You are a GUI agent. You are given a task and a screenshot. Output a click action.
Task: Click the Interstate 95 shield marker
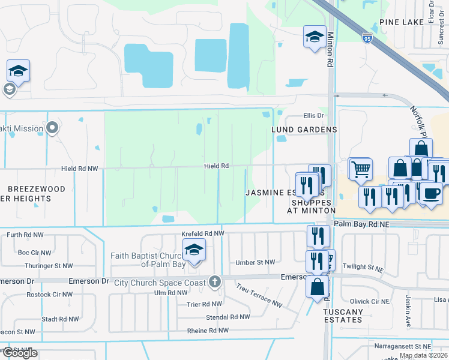coord(367,38)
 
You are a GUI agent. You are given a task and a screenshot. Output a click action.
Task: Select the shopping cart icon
coord(360,169)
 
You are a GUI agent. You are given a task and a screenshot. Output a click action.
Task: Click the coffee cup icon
coord(430,193)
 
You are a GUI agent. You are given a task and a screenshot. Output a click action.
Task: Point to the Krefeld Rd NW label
coord(203,233)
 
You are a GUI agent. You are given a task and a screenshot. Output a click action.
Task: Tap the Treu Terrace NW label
coord(259,295)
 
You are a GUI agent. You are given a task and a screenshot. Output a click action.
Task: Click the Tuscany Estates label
coord(343,316)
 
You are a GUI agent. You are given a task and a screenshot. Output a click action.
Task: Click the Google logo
coord(19,353)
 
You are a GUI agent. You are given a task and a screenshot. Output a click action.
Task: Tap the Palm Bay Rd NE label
coord(361,224)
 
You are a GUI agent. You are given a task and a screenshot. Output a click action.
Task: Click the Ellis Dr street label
coord(313,116)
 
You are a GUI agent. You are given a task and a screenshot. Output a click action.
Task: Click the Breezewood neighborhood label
coord(32,189)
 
